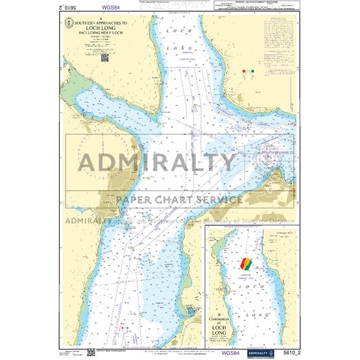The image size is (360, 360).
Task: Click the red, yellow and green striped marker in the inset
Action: (248, 265)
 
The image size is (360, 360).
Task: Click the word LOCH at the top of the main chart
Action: (177, 30)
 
